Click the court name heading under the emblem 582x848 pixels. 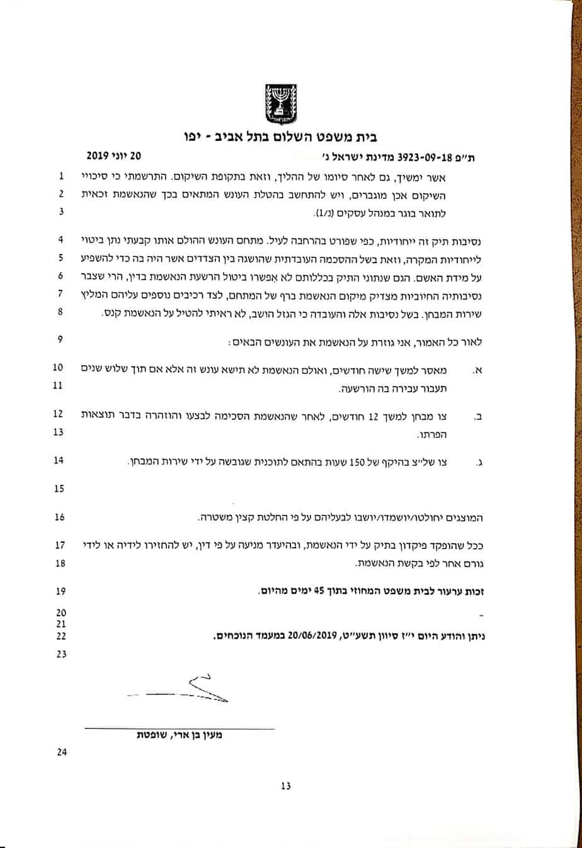(290, 137)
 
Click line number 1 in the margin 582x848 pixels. (60, 178)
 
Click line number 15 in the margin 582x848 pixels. (60, 488)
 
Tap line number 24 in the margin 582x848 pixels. (60, 751)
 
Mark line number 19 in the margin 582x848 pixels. (60, 592)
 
